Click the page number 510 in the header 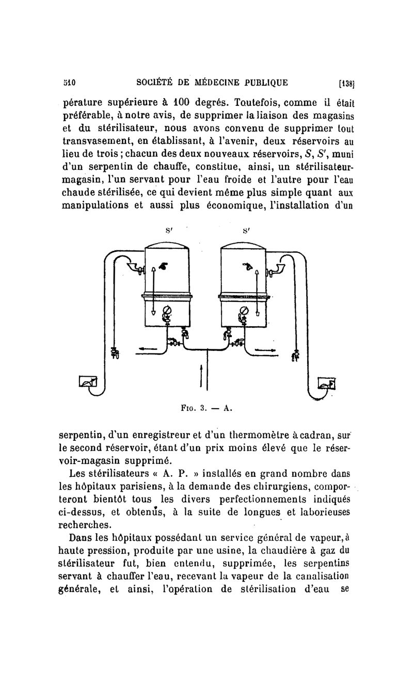[69, 82]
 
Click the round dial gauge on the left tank [167, 311]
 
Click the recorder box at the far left [87, 382]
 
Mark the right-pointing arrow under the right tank [266, 351]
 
